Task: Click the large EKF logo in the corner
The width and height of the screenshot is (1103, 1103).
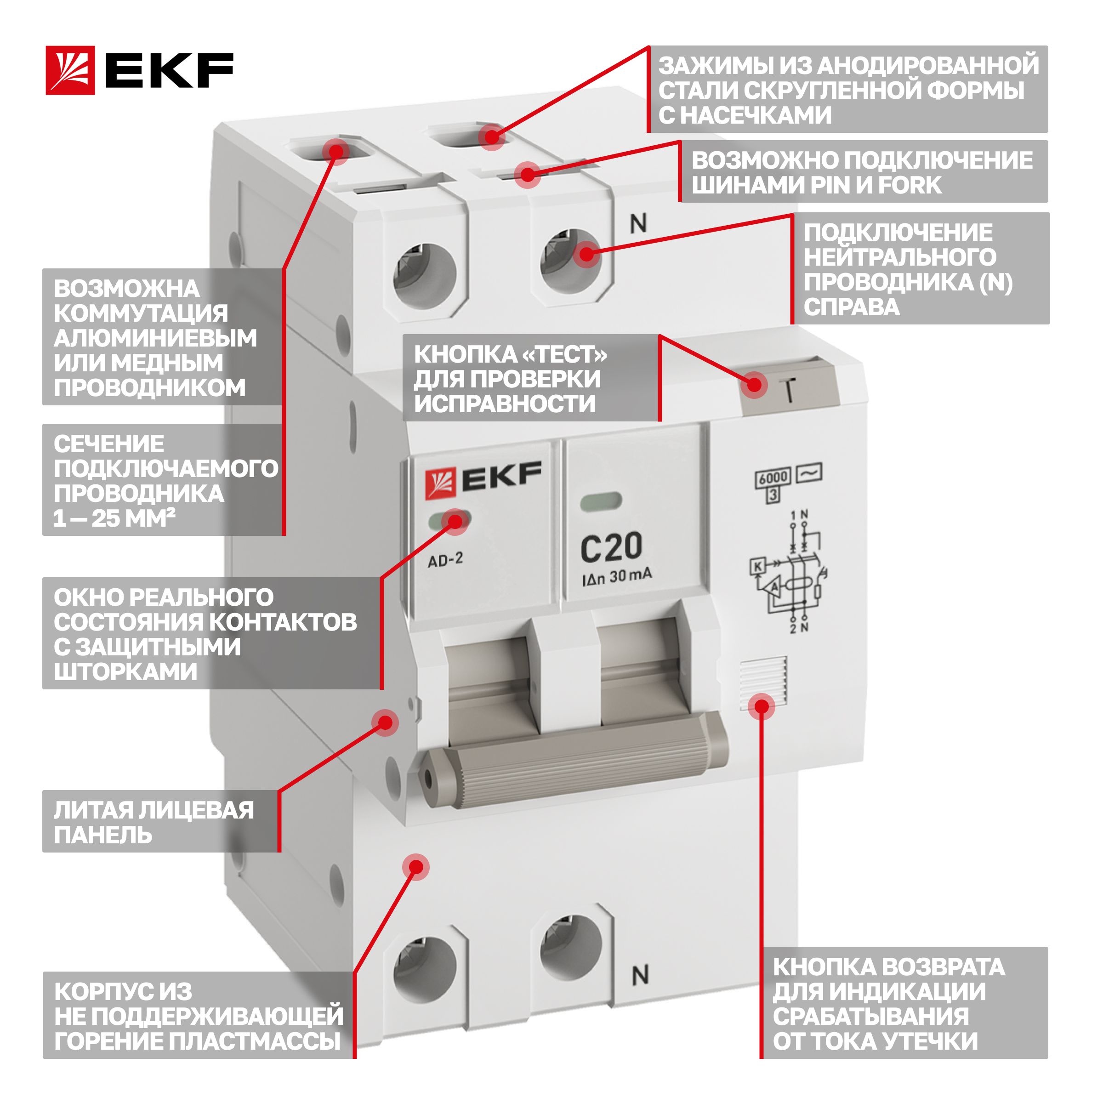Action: pos(139,70)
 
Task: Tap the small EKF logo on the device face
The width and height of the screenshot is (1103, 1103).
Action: pos(483,479)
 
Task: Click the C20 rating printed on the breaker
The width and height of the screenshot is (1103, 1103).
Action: pos(611,547)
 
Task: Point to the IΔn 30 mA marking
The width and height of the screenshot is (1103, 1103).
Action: pos(617,577)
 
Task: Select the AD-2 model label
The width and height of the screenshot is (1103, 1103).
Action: pos(445,559)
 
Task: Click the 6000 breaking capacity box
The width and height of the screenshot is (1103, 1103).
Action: pos(773,478)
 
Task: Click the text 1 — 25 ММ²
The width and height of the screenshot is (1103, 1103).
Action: pos(114,518)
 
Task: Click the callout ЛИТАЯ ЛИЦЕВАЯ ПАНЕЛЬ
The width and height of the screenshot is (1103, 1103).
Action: pos(154,822)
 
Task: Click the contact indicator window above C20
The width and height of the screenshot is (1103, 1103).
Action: pos(601,502)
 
